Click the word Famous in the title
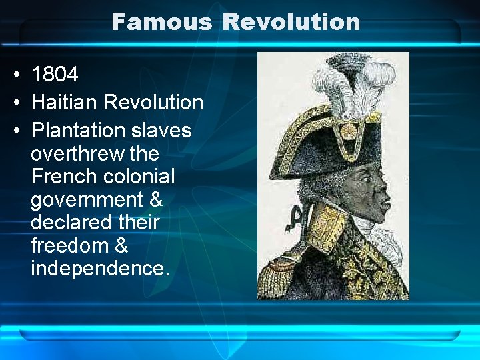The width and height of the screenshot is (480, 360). pyautogui.click(x=162, y=22)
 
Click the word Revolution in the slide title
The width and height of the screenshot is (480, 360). pyautogui.click(x=291, y=22)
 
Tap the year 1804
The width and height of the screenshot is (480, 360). pyautogui.click(x=55, y=74)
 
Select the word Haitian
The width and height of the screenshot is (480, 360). pyautogui.click(x=65, y=102)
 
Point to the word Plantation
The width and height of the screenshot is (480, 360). pyautogui.click(x=79, y=129)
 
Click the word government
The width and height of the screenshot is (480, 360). pyautogui.click(x=87, y=200)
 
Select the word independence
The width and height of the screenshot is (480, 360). pyautogui.click(x=100, y=268)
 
